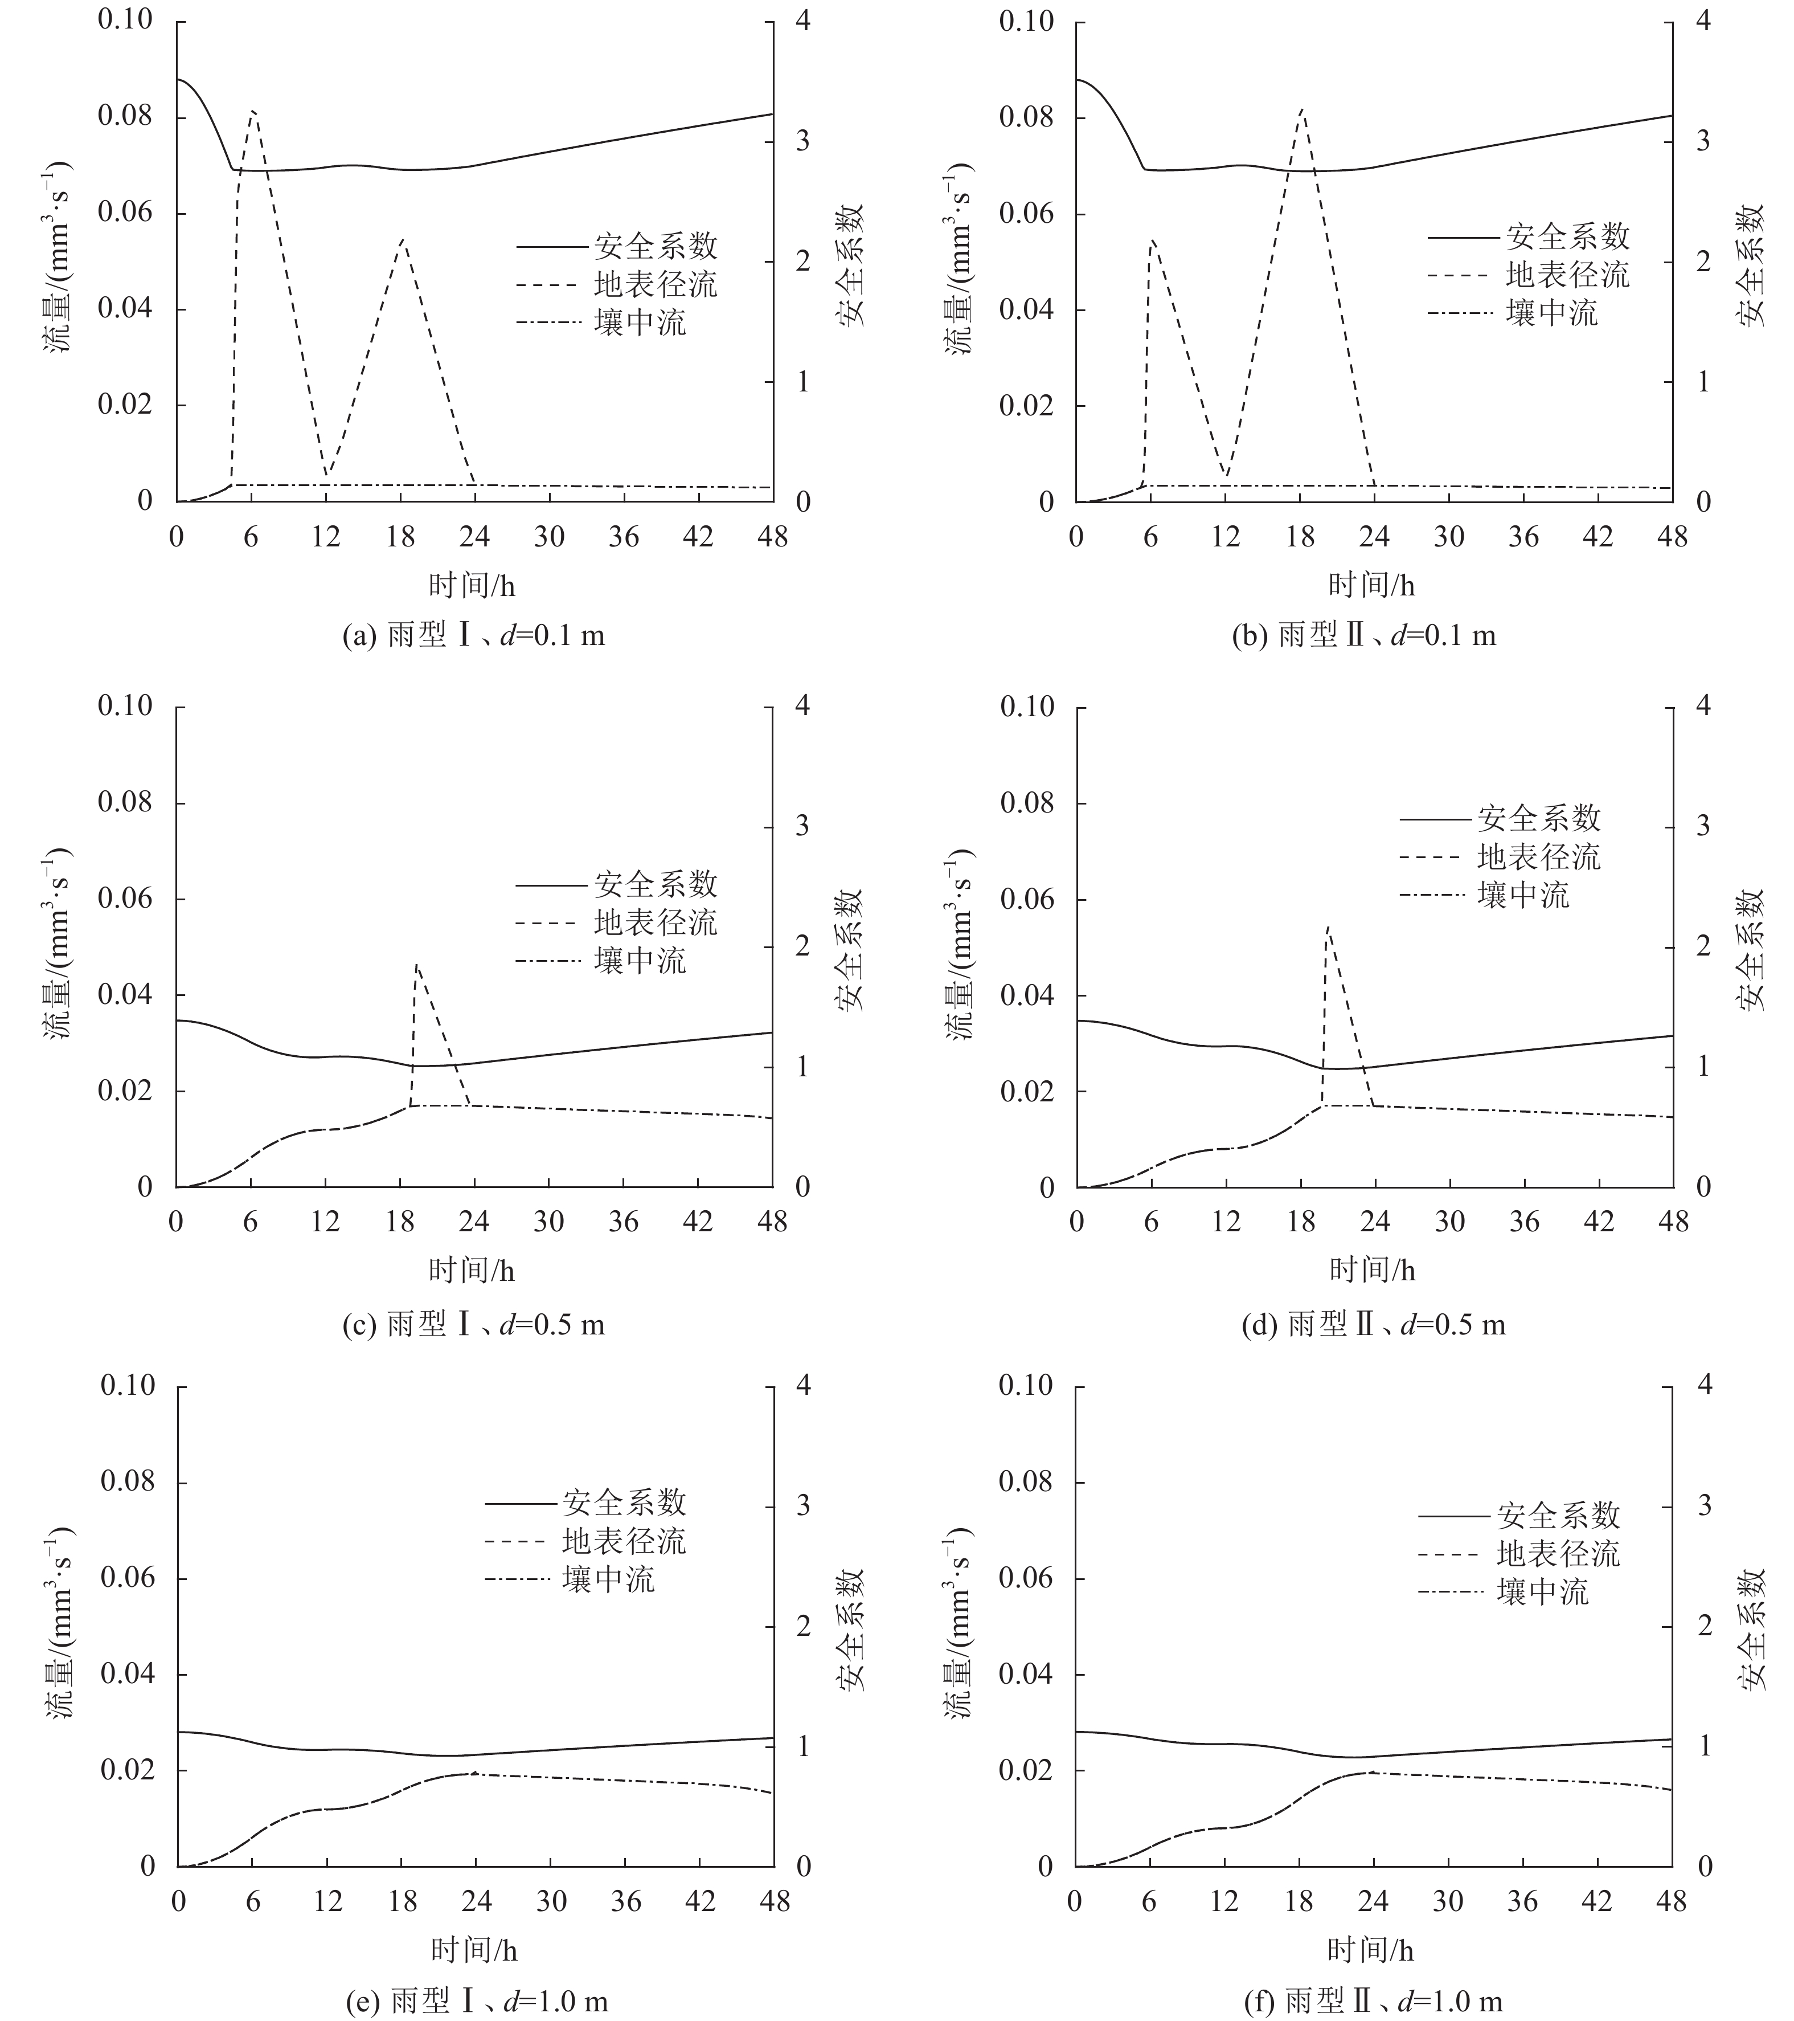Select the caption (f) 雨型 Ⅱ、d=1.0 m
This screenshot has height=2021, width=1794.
tap(1373, 2001)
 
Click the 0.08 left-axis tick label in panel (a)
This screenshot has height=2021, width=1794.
tap(125, 118)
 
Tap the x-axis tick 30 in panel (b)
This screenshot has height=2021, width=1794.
tap(1449, 537)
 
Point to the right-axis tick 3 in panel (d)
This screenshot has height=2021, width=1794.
tap(1702, 826)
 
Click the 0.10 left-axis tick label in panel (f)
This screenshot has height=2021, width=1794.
tap(1026, 1385)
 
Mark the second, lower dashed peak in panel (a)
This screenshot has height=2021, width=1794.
tap(402, 240)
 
